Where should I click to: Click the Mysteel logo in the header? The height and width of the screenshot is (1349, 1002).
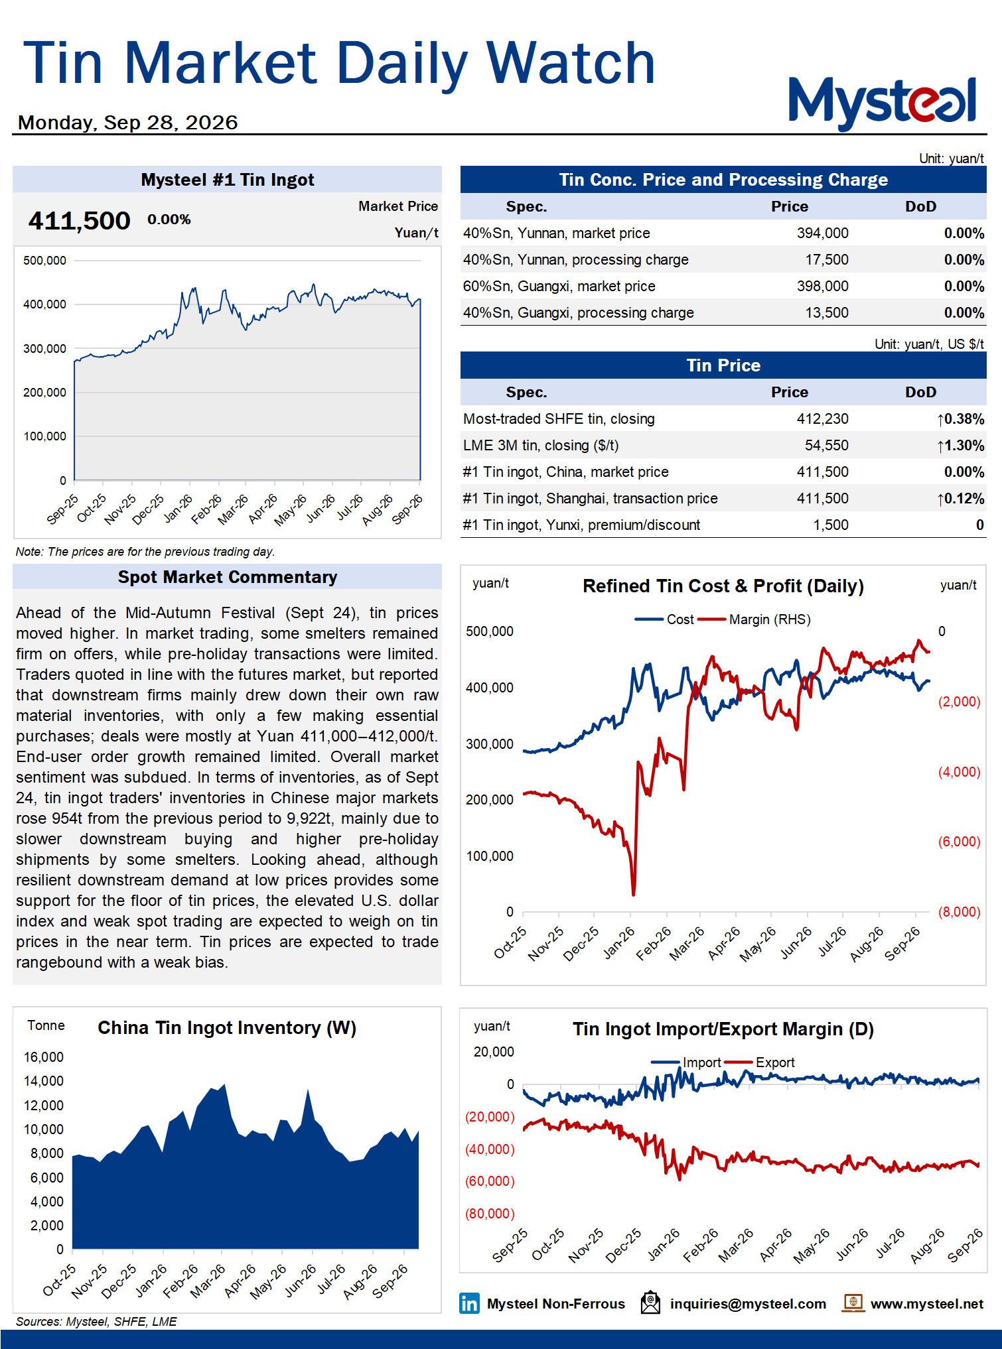click(883, 102)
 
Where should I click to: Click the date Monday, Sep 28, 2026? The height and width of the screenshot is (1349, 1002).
click(127, 123)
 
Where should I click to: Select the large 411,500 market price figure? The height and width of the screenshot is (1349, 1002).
click(79, 220)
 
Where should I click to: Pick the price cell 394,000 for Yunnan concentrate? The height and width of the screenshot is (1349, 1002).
click(822, 233)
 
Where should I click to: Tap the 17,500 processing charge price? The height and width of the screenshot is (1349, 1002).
click(827, 259)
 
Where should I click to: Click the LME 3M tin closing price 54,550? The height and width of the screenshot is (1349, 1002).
click(827, 445)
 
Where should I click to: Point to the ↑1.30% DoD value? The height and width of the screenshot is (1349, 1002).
click(960, 445)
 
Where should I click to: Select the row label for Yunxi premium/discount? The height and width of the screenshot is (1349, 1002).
click(581, 525)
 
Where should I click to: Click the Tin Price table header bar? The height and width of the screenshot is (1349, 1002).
click(723, 365)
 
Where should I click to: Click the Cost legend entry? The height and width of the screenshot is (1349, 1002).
click(664, 619)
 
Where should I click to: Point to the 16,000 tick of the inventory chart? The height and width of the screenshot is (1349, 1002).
click(44, 1057)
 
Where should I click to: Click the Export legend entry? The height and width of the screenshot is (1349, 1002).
click(760, 1062)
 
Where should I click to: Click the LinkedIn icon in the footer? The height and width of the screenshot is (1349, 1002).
click(469, 1303)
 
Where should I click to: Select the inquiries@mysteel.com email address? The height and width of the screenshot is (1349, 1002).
click(748, 1304)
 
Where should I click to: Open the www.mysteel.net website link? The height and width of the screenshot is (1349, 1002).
click(926, 1304)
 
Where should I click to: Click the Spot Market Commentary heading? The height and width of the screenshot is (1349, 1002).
click(228, 577)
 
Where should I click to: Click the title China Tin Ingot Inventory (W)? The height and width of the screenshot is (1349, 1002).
click(227, 1028)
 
